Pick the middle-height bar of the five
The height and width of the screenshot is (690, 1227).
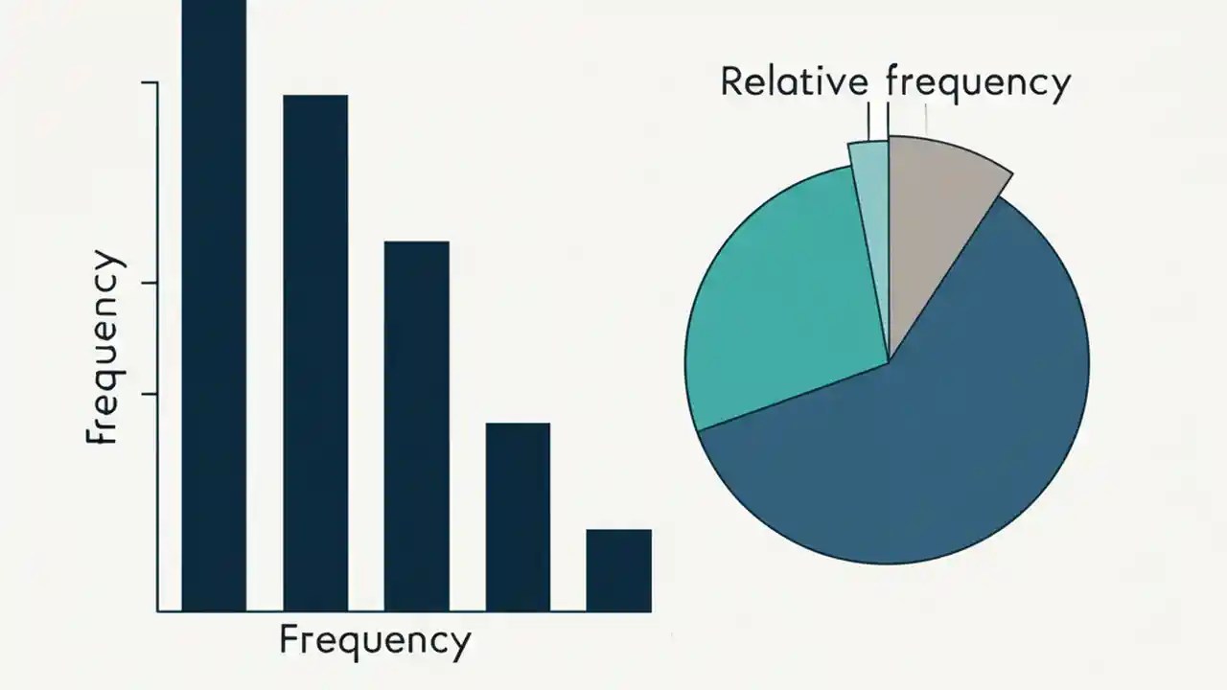(x=417, y=425)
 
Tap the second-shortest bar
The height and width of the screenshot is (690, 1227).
(x=518, y=517)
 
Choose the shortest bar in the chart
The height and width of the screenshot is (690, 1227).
(x=619, y=570)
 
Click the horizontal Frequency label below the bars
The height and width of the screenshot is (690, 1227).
(x=375, y=640)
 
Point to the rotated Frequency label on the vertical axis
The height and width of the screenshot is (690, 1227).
(x=104, y=348)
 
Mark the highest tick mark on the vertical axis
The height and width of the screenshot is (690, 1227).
(x=150, y=83)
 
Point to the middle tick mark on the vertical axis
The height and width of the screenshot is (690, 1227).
(x=150, y=283)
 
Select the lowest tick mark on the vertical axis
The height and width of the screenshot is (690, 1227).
(x=150, y=394)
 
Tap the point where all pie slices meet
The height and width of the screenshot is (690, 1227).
(x=889, y=361)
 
